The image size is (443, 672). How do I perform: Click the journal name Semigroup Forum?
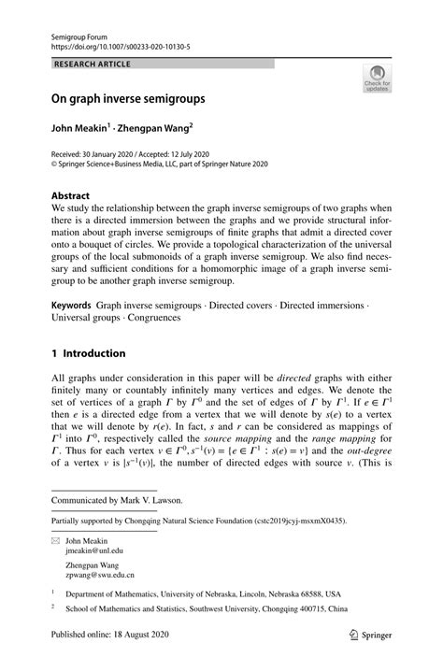tap(80, 32)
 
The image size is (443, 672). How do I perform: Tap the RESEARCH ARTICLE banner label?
tap(93, 64)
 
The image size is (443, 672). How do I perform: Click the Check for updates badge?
tap(377, 79)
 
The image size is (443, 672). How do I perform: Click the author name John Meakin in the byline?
tap(79, 125)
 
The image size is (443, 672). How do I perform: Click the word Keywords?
tap(71, 305)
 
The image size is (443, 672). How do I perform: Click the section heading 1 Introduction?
tap(88, 353)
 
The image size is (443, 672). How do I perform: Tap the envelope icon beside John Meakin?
tap(56, 540)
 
